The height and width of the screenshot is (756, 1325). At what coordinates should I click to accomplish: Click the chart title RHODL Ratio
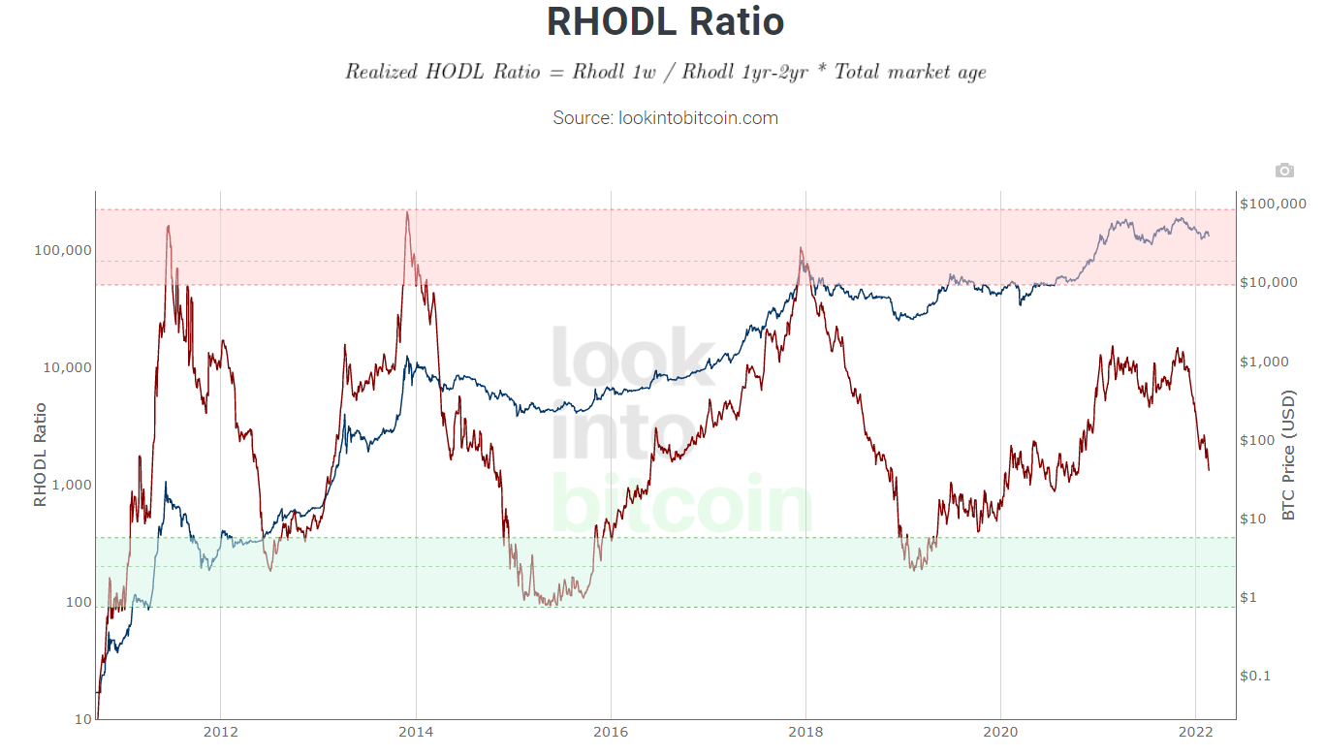coord(665,21)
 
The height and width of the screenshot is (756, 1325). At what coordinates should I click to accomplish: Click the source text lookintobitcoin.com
coord(665,118)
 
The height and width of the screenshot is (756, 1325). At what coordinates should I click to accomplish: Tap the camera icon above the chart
coord(1284,171)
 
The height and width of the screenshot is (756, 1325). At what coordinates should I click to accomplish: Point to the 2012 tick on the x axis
coord(220,732)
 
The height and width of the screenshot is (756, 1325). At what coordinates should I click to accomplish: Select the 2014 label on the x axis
coord(416,732)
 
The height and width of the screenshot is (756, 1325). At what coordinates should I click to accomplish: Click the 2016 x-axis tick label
coord(611,732)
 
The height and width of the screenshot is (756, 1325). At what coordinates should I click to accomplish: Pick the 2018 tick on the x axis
coord(805,732)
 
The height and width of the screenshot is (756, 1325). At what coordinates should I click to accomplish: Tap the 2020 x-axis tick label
coord(1000,732)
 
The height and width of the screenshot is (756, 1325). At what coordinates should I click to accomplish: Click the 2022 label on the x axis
coord(1195,732)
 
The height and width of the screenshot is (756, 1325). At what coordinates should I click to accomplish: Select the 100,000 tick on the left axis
coord(63,250)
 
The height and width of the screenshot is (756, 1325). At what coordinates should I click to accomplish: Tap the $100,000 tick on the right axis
coord(1274,204)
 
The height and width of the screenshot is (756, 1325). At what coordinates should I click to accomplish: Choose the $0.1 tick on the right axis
coord(1257,676)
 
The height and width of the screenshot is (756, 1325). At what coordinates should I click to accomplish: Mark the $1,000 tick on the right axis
coord(1266,362)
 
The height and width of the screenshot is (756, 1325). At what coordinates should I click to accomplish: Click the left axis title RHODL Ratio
coord(40,455)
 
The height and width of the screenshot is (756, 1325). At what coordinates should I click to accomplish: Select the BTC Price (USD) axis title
coord(1288,455)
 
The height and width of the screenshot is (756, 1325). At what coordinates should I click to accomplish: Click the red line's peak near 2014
coord(407,212)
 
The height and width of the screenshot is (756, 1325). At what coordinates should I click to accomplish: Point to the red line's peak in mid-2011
coord(169,227)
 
